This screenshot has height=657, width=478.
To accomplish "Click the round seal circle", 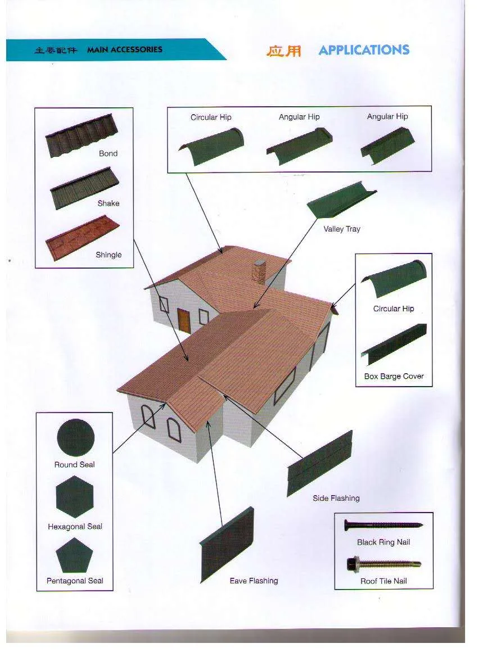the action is [75, 437].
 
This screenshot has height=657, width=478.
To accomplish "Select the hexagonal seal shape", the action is [75, 496].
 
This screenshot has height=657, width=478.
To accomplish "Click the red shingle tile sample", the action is [83, 238].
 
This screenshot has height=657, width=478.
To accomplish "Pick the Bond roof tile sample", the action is [82, 135].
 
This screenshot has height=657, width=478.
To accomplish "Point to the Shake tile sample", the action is [84, 188].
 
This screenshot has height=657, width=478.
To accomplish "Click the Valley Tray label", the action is [342, 229].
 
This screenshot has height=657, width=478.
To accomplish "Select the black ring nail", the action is [383, 524].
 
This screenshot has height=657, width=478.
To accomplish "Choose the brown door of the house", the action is [184, 320].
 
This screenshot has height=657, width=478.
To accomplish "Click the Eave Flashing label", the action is [254, 581].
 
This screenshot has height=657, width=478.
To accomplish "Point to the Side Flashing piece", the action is [319, 463].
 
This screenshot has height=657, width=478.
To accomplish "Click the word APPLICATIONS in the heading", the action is [364, 50].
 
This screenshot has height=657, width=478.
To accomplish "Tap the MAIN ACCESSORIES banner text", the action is [124, 49].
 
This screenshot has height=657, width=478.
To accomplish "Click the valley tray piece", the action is [341, 200].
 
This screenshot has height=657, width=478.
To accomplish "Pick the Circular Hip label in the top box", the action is [211, 117].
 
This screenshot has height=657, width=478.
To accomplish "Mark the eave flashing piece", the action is [227, 544].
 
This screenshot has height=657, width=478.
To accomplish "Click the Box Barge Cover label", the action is [394, 376].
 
